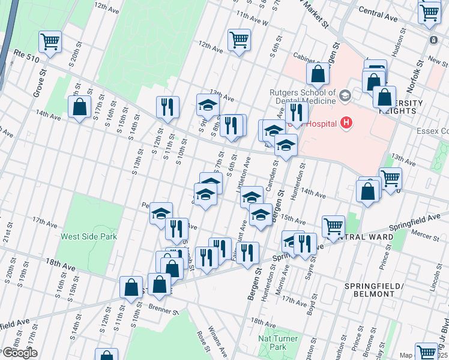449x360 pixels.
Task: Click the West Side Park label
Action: click(x=88, y=236)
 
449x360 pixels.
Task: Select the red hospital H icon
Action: click(x=345, y=123)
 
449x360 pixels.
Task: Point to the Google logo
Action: click(x=19, y=353)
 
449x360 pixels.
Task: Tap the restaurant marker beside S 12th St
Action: click(x=167, y=107)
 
